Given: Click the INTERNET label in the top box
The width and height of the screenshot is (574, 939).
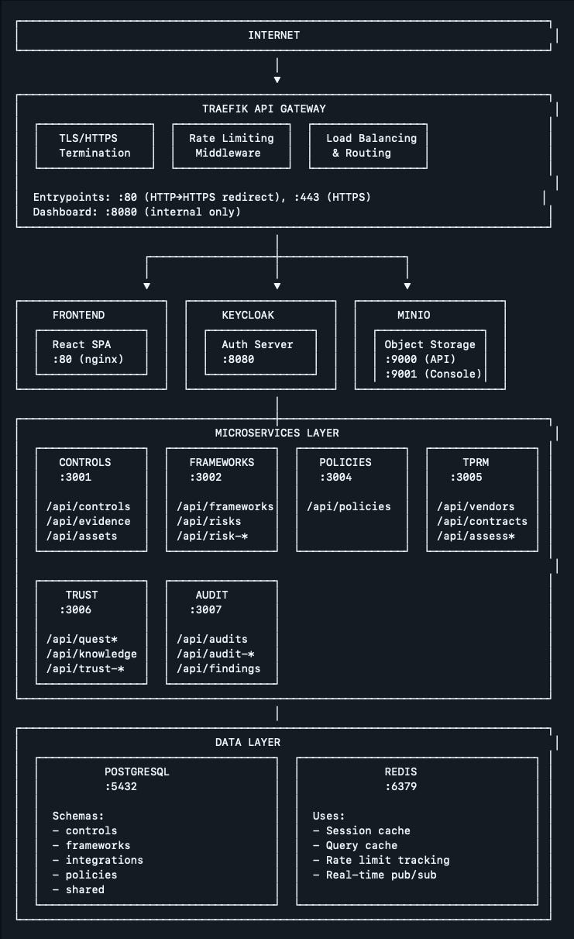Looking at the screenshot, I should [273, 35].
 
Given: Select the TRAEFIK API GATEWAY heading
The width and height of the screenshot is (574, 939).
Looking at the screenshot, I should [264, 109].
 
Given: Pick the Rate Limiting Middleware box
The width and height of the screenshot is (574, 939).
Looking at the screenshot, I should [231, 146].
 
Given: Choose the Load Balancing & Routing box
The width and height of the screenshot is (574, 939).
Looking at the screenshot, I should [368, 146].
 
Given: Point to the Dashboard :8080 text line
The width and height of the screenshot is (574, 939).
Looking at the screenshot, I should [137, 212].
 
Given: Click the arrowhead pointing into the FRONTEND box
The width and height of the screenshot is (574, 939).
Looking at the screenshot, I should [147, 286].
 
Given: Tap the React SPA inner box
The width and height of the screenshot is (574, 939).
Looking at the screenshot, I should [91, 352].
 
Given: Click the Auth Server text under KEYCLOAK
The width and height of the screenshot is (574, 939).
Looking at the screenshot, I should [257, 344].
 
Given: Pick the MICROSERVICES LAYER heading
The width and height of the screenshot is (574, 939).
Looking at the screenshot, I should [277, 433].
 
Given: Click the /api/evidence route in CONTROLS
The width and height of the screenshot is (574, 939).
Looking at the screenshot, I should [88, 521].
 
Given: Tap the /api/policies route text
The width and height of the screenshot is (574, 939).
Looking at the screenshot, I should [349, 506].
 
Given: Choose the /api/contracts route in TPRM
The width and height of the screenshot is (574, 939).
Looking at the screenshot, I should [482, 521].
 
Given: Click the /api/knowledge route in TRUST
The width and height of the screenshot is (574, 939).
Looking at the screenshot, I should [91, 654].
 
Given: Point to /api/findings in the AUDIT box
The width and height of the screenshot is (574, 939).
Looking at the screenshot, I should [218, 668].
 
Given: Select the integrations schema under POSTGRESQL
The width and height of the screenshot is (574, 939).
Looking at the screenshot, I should [98, 860].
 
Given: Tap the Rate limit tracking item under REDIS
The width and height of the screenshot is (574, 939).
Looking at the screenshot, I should [381, 860].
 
